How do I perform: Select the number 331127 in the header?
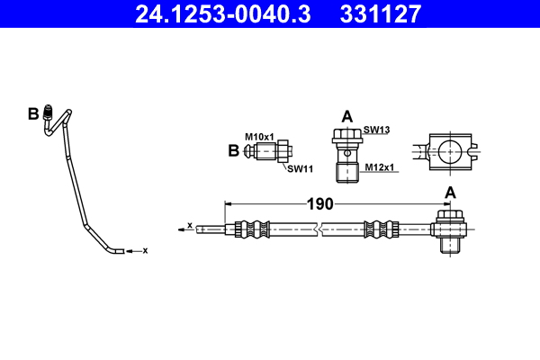click(379, 13)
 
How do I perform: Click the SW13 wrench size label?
click(376, 130)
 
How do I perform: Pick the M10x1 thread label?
click(261, 136)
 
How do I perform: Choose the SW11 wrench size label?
click(299, 168)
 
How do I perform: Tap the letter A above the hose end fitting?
click(450, 192)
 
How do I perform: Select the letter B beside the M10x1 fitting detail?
click(234, 151)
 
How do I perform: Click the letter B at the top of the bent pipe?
click(33, 113)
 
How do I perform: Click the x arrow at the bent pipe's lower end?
click(135, 250)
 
